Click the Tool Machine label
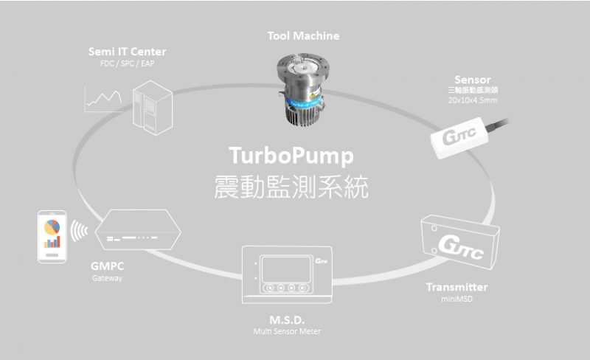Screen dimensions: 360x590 [x=303, y=35]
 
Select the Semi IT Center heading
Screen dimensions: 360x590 [x=127, y=52]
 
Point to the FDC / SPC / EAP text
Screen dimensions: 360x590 [x=127, y=63]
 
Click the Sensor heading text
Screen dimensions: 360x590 [x=473, y=79]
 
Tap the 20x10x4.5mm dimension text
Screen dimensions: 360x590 [x=473, y=100]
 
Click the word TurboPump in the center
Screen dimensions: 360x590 [x=291, y=156]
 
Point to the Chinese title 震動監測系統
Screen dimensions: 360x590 [x=291, y=187]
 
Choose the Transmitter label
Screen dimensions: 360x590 [x=457, y=287]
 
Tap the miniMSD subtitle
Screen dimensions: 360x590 [x=457, y=298]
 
